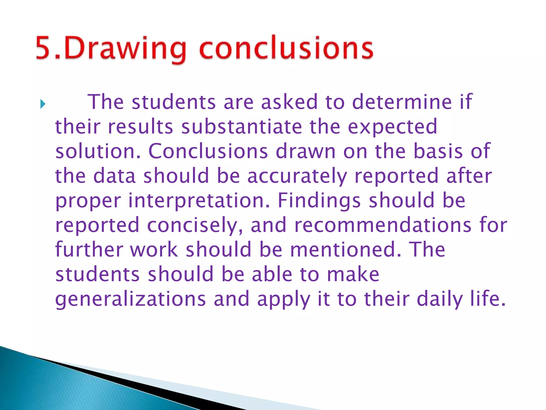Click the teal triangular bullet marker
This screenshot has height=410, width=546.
[x=43, y=104]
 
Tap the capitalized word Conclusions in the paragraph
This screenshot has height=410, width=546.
[x=208, y=151]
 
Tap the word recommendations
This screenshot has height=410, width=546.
[x=383, y=225]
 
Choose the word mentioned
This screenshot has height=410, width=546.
[x=346, y=250]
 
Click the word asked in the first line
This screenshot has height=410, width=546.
[x=289, y=102]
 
